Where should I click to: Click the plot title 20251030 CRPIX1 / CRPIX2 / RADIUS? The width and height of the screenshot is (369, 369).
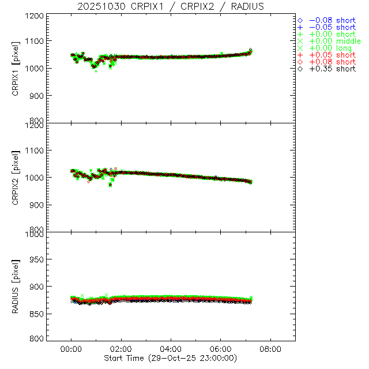click(x=171, y=6)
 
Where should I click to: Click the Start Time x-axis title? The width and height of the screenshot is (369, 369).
click(x=172, y=357)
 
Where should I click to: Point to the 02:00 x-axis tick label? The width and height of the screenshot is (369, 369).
click(x=122, y=349)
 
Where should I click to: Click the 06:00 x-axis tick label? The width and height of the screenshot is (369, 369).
click(x=221, y=349)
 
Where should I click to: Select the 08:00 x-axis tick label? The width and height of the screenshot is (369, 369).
click(x=271, y=349)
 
